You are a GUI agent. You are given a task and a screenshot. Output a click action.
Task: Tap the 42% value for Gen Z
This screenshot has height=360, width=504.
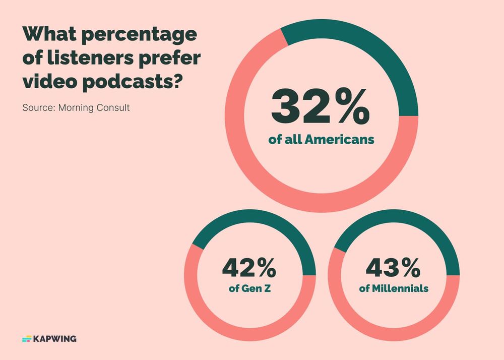pos(249,268)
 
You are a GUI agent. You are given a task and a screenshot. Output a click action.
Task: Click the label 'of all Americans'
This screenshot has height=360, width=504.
pos(322,140)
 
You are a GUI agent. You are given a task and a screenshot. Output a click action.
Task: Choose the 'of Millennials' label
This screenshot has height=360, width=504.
pos(394,289)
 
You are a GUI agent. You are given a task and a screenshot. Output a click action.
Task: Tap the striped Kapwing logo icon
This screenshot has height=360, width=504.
pos(27,339)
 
